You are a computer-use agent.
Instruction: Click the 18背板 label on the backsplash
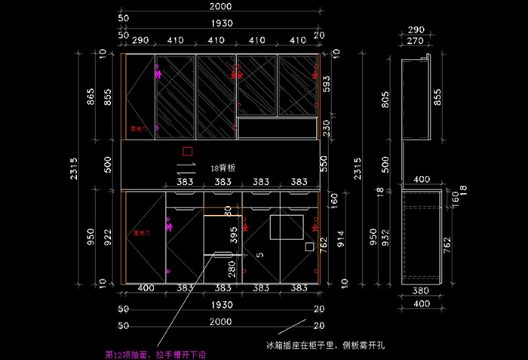(223, 168)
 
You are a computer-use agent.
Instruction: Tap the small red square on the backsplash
(188, 151)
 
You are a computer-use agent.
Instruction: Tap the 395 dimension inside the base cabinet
(233, 235)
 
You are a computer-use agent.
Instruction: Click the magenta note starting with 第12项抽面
(145, 352)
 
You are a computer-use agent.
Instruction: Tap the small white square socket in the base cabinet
(309, 246)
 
